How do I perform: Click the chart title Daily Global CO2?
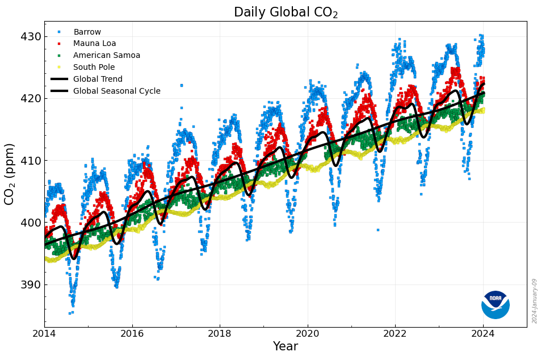(x=286, y=12)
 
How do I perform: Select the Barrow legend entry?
(x=87, y=32)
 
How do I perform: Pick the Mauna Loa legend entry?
(x=94, y=44)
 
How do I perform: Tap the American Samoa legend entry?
(x=106, y=56)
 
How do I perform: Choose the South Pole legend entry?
(x=94, y=67)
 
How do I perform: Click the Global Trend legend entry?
(x=98, y=79)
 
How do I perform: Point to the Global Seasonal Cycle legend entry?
(x=116, y=91)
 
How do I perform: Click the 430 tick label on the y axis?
(x=31, y=37)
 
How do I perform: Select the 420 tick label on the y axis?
(x=31, y=99)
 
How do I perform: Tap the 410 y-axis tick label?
(x=31, y=161)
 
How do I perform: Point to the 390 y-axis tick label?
(x=31, y=284)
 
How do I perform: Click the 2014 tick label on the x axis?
(x=45, y=334)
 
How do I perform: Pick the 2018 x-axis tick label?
(x=220, y=334)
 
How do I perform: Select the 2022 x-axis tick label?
(x=395, y=334)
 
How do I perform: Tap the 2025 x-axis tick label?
(x=527, y=334)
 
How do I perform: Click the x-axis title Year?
(x=286, y=346)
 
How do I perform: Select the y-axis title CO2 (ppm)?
(x=10, y=174)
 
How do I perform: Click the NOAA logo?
(x=495, y=304)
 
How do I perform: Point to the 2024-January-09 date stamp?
(x=535, y=301)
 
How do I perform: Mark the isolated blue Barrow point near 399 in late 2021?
(x=378, y=230)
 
